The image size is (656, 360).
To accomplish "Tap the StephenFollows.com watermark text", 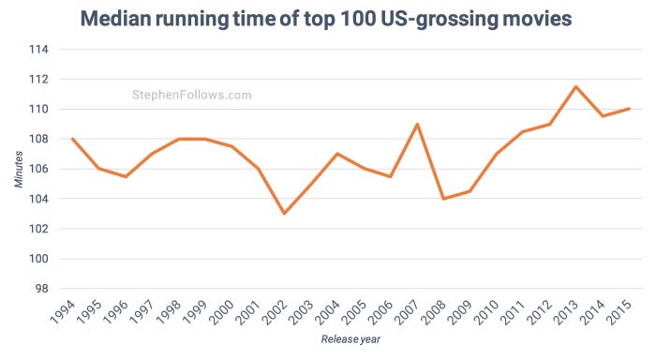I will point(191,95).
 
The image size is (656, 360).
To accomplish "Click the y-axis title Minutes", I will point(19,168).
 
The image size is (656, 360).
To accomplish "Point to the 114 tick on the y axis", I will point(41,50).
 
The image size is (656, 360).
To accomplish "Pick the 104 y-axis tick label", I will point(41,199).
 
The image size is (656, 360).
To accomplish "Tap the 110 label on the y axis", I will point(41,110).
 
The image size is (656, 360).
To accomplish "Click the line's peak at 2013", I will point(575,86).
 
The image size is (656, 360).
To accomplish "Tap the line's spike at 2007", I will point(417,124).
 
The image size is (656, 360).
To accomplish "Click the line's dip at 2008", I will point(443,199).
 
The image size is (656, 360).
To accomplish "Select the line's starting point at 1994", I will point(72,139).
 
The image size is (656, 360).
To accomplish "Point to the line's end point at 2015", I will point(629,109).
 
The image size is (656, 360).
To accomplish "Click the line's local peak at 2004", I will point(337,154).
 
